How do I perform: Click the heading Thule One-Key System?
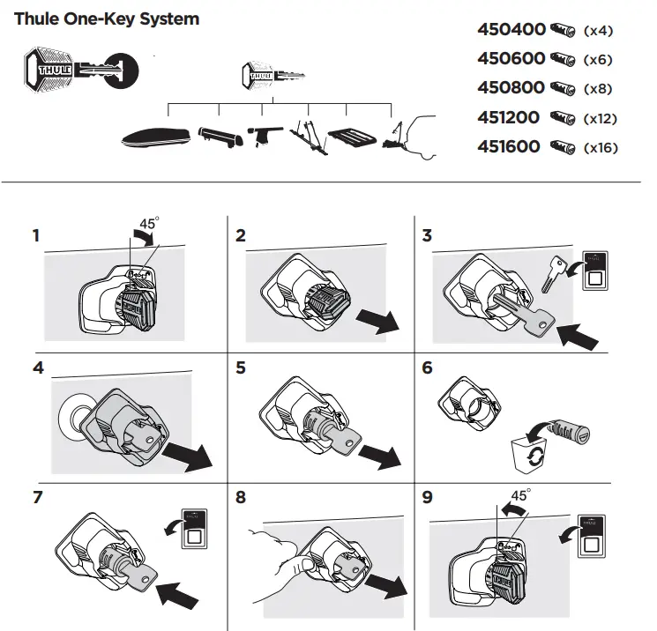click(x=107, y=19)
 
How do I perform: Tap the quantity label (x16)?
click(x=601, y=148)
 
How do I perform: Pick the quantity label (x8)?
click(x=598, y=89)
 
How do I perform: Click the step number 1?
click(x=36, y=236)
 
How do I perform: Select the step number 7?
click(x=37, y=497)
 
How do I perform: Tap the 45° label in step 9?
click(x=520, y=496)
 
